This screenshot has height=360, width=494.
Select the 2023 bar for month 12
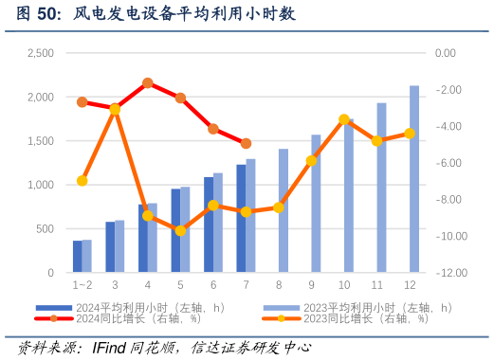click(414, 180)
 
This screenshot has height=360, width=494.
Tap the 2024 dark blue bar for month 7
click(241, 219)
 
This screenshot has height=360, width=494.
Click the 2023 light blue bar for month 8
click(283, 210)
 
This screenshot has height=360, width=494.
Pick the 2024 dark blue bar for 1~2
click(78, 257)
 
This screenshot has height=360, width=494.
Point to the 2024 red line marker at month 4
click(148, 83)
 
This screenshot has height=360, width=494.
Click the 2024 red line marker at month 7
click(246, 144)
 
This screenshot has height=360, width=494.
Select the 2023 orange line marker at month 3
click(115, 109)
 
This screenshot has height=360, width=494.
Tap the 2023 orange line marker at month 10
click(344, 119)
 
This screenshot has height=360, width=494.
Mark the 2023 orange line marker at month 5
click(180, 230)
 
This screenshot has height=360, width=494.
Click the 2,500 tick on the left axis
click(40, 54)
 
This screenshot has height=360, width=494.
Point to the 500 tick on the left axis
click(44, 229)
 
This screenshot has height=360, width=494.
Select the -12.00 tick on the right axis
click(445, 273)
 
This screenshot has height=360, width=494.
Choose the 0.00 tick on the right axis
click(445, 54)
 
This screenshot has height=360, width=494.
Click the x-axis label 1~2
click(82, 284)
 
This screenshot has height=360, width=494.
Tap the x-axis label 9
click(311, 284)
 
